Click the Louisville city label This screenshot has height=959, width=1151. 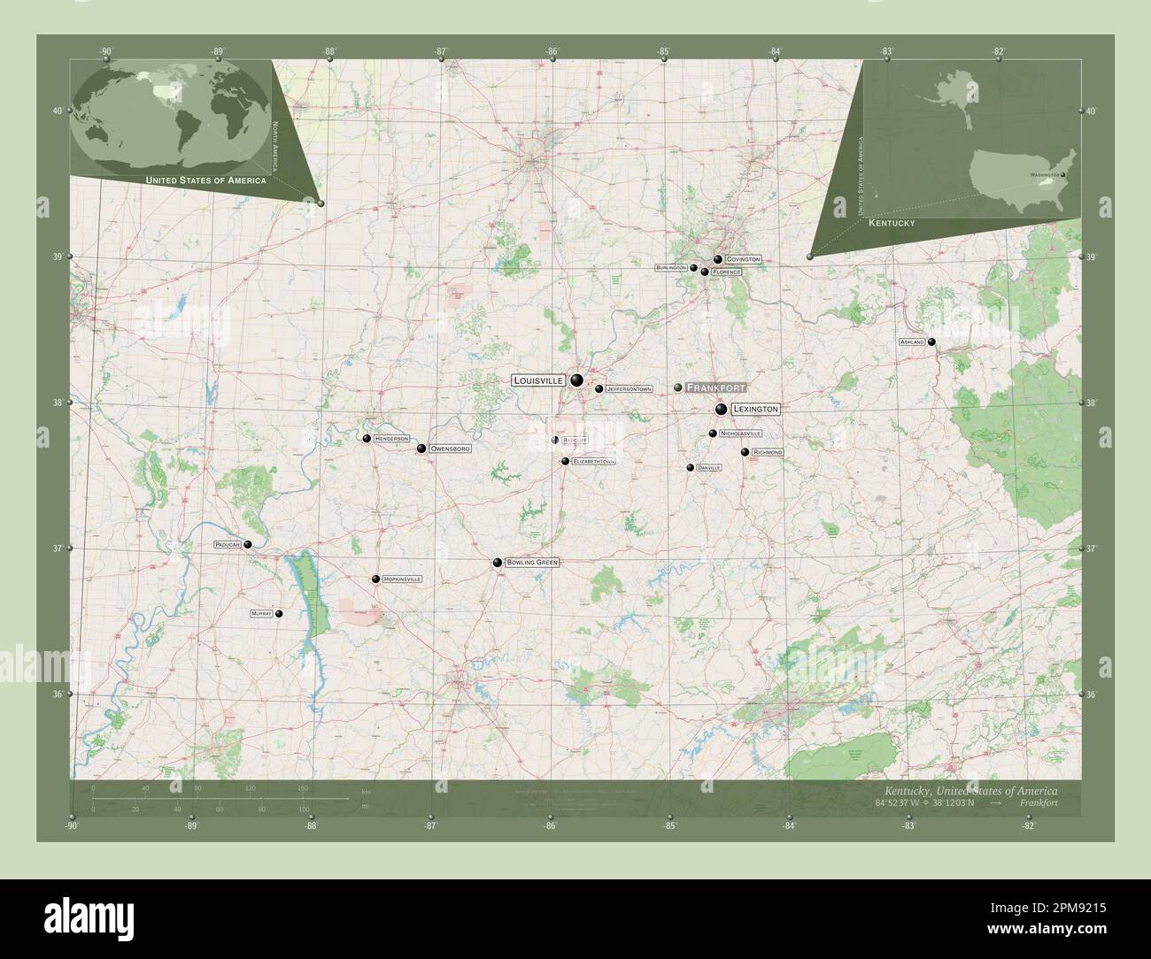(x=538, y=380)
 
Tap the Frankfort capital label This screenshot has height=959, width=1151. (x=715, y=387)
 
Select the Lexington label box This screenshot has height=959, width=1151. (x=755, y=410)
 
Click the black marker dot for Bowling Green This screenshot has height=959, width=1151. (x=498, y=563)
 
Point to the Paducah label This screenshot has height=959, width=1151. (x=228, y=545)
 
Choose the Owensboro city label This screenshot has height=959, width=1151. (x=449, y=449)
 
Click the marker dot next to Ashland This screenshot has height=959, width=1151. (x=931, y=342)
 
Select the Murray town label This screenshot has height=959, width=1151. (x=261, y=613)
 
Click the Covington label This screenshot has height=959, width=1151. (x=743, y=259)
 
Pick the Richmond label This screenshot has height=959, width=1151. (x=767, y=452)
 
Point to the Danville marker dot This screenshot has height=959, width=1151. (x=691, y=467)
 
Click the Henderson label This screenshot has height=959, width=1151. (x=391, y=439)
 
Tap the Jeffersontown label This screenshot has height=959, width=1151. (x=629, y=388)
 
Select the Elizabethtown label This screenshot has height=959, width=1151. (x=593, y=462)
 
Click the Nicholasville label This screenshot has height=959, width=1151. (x=740, y=433)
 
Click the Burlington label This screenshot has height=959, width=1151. (x=671, y=267)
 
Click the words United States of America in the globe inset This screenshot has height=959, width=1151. (x=205, y=180)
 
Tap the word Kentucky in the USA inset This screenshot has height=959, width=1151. (x=892, y=225)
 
